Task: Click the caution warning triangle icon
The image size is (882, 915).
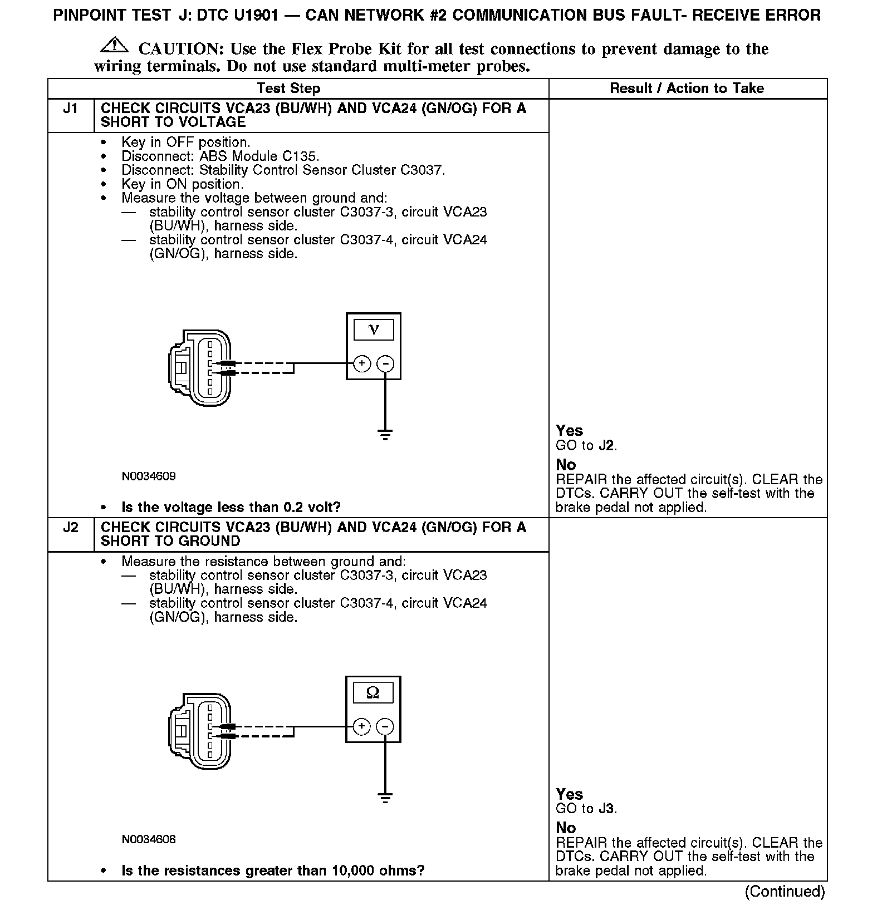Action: click(114, 45)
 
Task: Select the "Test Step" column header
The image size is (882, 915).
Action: click(288, 88)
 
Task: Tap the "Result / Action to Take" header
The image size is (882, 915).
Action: click(687, 88)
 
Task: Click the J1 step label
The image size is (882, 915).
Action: click(70, 109)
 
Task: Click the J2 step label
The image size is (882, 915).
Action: click(70, 528)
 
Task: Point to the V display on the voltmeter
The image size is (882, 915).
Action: click(374, 330)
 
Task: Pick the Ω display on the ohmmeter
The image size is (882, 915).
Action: click(373, 693)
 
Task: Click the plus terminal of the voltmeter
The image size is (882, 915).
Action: click(362, 364)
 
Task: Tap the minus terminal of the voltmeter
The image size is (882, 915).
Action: click(385, 364)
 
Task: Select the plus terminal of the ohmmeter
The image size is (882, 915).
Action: click(362, 726)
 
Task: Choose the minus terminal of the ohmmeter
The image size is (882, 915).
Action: click(385, 726)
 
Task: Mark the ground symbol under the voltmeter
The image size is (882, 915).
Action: click(385, 434)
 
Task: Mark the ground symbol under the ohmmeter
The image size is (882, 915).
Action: click(385, 798)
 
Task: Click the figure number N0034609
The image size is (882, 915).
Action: click(149, 476)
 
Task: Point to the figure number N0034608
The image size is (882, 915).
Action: click(149, 839)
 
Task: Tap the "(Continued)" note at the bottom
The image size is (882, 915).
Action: click(785, 892)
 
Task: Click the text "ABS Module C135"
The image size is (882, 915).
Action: click(258, 156)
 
